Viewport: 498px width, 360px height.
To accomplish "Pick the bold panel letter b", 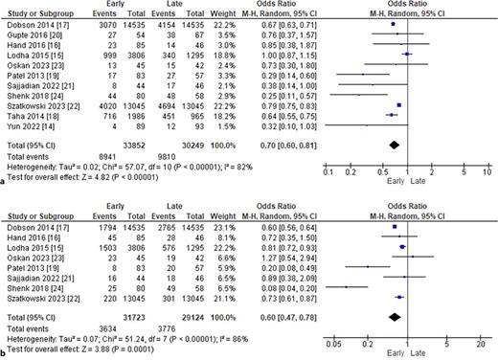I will (x=4, y=352).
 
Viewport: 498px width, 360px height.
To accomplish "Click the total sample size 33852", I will (x=131, y=141).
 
